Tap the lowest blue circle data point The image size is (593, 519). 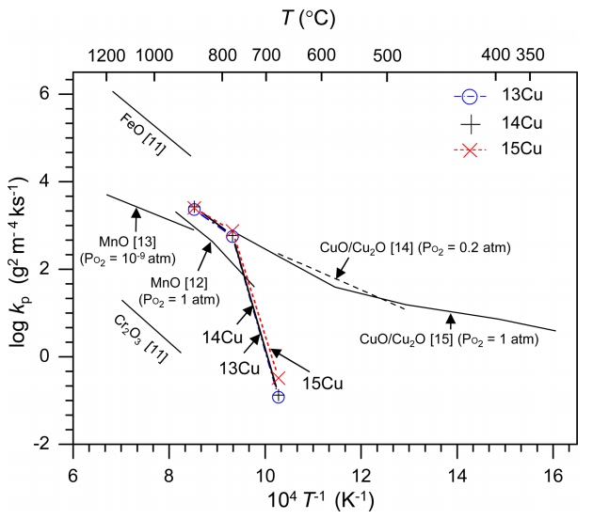pos(278,397)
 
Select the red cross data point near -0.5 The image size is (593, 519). pos(278,378)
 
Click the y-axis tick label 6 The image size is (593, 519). pos(56,94)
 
